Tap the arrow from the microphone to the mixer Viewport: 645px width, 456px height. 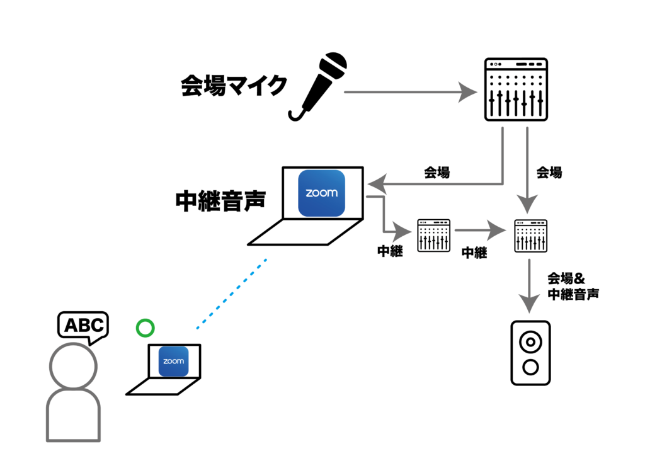(x=409, y=93)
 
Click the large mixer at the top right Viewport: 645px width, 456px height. (x=515, y=89)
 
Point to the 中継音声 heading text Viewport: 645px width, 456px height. (x=220, y=201)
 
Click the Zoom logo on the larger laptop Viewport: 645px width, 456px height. (x=321, y=193)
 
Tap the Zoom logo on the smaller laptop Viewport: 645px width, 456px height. (x=173, y=362)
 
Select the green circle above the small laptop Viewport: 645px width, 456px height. (x=146, y=328)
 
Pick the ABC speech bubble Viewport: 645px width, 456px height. (x=83, y=326)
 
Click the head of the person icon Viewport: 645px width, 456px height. (x=73, y=366)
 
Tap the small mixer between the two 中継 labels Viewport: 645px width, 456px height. (x=433, y=236)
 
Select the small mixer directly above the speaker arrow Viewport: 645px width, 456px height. (x=530, y=236)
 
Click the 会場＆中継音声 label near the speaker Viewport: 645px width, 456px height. (x=573, y=285)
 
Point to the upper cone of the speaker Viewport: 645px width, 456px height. (x=530, y=342)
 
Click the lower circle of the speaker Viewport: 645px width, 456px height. (x=530, y=367)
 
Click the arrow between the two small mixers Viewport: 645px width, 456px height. (x=482, y=231)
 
